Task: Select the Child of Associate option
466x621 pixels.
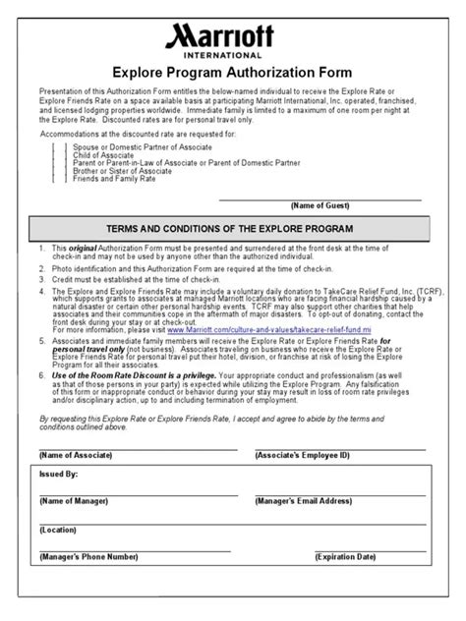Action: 105,154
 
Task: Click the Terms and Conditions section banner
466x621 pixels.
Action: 233,228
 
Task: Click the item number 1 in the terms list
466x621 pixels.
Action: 41,250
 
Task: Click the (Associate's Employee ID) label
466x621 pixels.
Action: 301,457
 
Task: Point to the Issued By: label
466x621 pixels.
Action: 59,473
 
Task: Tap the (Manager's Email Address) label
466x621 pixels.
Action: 304,500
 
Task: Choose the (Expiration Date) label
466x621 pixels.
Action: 345,556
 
